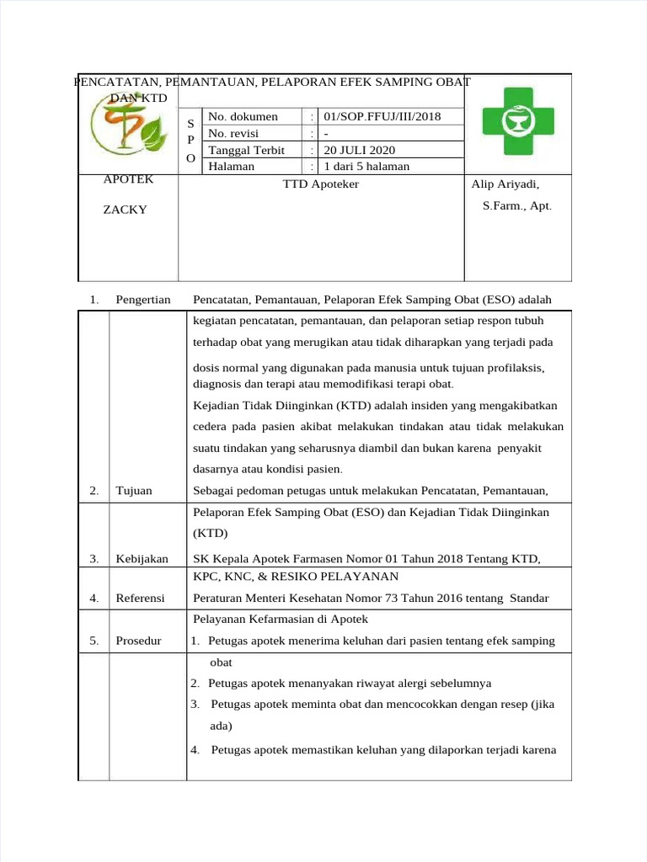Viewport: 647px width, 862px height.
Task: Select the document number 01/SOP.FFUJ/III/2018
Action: [x=382, y=116]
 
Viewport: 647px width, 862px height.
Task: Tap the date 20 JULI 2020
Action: [x=360, y=150]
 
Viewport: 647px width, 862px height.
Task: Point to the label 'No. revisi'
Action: [x=233, y=133]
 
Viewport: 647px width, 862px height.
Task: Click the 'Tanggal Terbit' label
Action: [x=246, y=150]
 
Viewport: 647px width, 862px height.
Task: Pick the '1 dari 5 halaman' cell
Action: [x=367, y=167]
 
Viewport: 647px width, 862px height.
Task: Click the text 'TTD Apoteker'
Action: [x=321, y=184]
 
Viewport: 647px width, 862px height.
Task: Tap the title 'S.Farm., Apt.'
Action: [x=517, y=205]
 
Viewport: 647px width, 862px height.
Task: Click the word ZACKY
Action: [x=125, y=210]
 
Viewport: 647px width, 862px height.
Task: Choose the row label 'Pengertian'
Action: [x=143, y=300]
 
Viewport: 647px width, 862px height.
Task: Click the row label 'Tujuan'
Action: [x=134, y=491]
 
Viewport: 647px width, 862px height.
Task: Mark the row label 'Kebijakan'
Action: [x=142, y=558]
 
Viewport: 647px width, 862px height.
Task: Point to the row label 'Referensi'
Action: [x=140, y=599]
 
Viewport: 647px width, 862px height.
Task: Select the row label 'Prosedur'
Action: [x=138, y=641]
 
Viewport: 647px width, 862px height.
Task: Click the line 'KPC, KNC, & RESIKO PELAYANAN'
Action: [x=296, y=577]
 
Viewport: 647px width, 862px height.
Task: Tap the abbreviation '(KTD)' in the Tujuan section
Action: [x=211, y=533]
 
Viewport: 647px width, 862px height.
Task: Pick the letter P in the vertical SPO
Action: [x=190, y=140]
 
